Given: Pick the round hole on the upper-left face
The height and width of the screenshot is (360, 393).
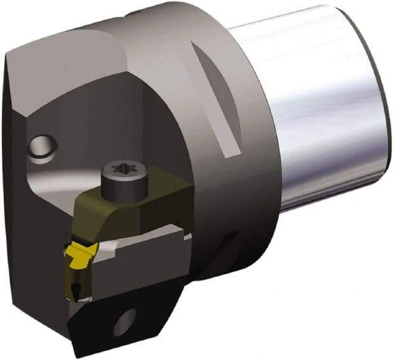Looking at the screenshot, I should click(43, 148).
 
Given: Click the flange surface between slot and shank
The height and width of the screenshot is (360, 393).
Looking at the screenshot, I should click(252, 131).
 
